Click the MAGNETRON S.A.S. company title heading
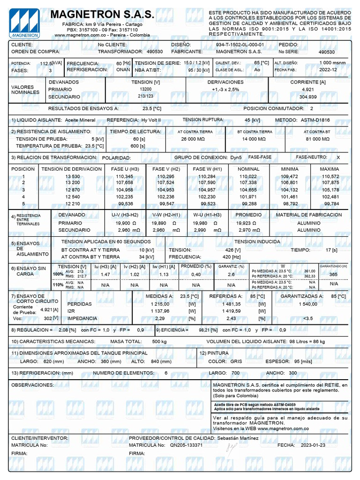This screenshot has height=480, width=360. [x=102, y=15]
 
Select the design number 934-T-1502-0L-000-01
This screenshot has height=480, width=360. [x=240, y=45]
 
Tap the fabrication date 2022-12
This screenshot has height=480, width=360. [x=328, y=69]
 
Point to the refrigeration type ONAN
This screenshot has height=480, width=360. [x=123, y=69]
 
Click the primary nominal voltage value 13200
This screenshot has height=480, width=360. [x=146, y=89]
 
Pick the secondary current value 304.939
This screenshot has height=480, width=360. [x=307, y=97]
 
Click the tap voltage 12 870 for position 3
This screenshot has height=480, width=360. [x=73, y=190]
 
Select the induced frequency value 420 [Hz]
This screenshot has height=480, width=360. [x=219, y=257]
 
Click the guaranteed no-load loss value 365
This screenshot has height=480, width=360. [x=333, y=274]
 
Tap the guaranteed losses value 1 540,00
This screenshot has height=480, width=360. [x=307, y=304]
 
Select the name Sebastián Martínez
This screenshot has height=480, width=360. [x=238, y=438]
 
